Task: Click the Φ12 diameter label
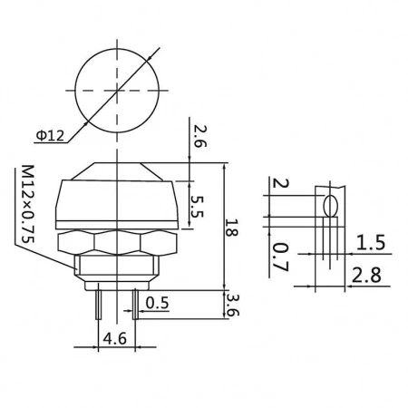click(x=50, y=136)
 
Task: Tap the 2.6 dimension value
click(x=198, y=136)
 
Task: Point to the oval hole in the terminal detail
click(x=331, y=203)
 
